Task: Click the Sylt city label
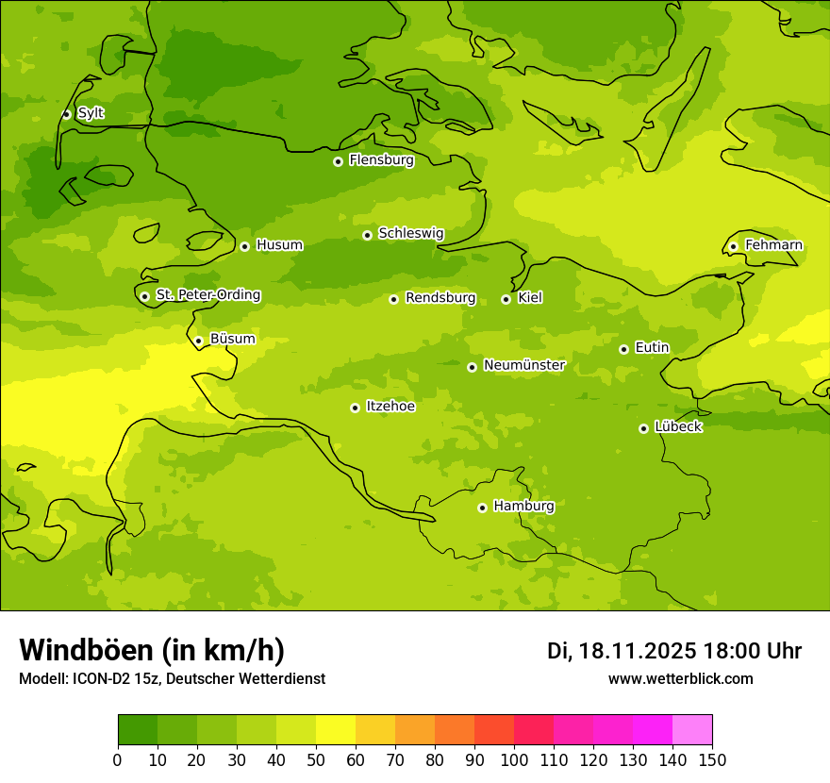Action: coord(91,113)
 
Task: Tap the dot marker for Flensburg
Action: coord(338,161)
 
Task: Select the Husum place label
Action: coord(279,245)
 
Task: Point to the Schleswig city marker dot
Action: coord(367,235)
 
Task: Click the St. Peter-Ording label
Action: coord(207,295)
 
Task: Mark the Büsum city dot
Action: coord(198,341)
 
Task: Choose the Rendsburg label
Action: coord(440,298)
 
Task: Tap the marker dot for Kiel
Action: coord(506,299)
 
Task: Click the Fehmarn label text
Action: coord(773,245)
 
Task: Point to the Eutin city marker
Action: coord(623,349)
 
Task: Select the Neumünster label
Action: coord(523,365)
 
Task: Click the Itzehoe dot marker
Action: coord(355,408)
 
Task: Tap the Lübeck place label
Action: coord(678,426)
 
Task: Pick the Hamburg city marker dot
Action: coord(482,508)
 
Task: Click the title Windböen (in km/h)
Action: coord(152,650)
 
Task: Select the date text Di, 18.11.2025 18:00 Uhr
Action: coord(674,651)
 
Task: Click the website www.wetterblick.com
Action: coord(680,679)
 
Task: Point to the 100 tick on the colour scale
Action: coord(514,759)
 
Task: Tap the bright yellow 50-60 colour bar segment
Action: coord(336,730)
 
